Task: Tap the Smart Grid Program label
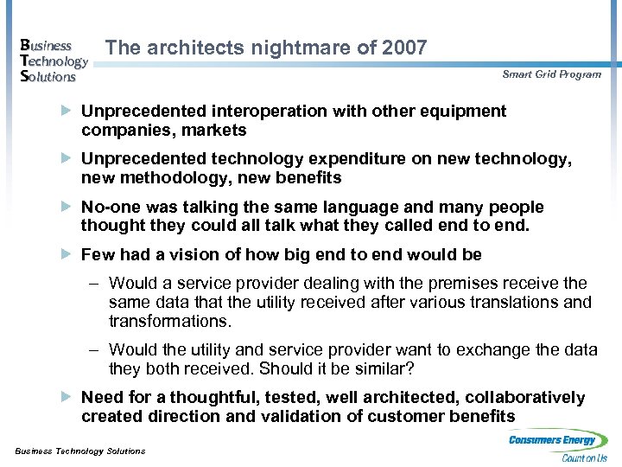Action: coord(551,74)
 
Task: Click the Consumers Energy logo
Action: coord(558,446)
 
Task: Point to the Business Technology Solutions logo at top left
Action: coord(53,61)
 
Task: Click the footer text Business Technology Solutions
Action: coord(79,451)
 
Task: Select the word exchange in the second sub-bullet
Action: coord(457,350)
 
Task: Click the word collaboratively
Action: coord(524,398)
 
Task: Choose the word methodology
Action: coord(173,179)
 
